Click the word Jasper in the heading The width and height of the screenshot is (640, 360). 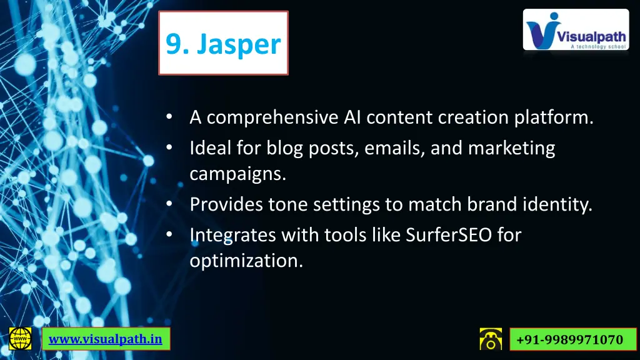(x=240, y=44)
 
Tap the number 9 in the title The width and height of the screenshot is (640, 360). (x=174, y=44)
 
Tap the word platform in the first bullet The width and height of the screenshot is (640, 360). (x=554, y=117)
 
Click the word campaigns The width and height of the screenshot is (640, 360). (x=238, y=174)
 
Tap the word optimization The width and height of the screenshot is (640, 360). (x=246, y=261)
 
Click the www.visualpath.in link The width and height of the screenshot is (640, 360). (x=106, y=339)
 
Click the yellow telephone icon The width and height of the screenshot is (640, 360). (x=491, y=338)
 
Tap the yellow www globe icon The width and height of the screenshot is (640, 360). (x=20, y=338)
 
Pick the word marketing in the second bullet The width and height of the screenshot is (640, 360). (x=511, y=149)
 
